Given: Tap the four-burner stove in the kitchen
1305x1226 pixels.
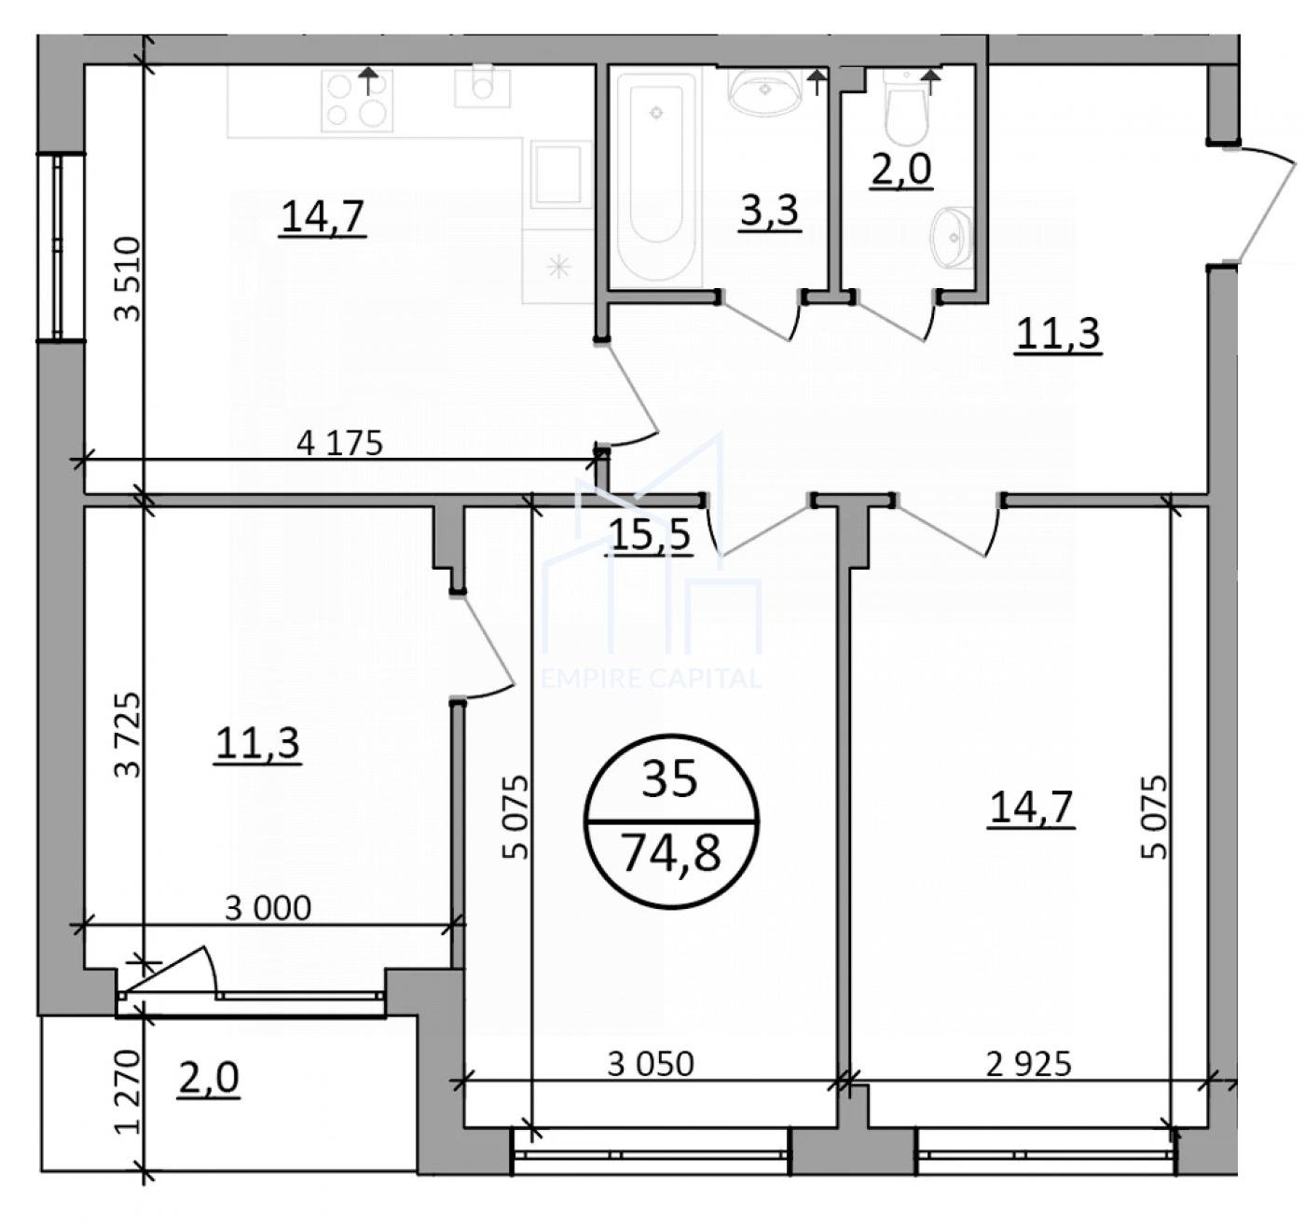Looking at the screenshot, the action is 357,101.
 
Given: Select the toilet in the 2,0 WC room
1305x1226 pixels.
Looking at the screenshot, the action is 907,108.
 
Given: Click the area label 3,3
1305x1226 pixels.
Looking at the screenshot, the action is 769,211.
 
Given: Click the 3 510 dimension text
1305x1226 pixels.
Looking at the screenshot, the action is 128,279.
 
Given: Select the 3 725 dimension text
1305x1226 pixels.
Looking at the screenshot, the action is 128,735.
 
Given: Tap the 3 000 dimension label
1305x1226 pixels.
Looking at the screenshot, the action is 268,908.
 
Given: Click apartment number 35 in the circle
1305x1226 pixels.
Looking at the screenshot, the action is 669,779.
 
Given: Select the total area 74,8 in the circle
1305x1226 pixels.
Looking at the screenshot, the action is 671,853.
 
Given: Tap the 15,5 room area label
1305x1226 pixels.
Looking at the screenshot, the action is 651,534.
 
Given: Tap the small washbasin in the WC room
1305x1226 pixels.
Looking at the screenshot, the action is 952,238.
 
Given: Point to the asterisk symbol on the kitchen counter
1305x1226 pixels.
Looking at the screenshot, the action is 559,267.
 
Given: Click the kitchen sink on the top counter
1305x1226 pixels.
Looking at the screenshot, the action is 483,87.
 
